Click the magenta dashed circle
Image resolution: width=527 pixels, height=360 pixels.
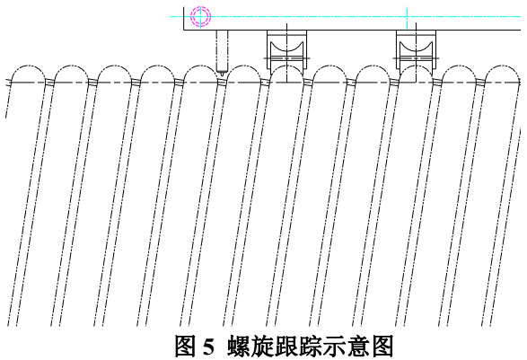200,8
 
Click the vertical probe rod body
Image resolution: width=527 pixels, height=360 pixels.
222,49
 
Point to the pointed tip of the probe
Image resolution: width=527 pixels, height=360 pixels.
222,74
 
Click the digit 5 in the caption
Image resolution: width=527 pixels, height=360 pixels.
208,347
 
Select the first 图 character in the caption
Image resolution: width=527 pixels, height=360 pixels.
186,347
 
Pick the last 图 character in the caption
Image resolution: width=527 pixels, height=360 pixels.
382,347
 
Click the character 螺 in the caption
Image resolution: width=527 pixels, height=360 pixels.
238,347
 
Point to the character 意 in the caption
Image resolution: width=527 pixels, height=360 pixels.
359,347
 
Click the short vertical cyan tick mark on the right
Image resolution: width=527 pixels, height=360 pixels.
408,19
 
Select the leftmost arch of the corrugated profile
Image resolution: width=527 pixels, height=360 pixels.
28,66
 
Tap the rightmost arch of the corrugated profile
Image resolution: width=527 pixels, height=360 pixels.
502,66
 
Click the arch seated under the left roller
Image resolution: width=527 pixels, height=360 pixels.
286,66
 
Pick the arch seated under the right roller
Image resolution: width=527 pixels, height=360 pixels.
416,66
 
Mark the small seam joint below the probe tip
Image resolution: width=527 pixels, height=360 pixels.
221,82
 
